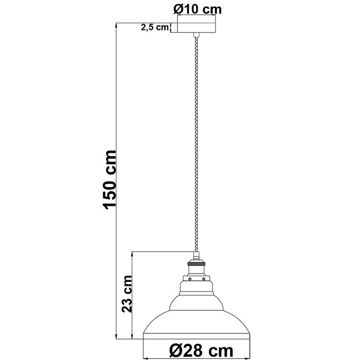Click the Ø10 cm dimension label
[x=196, y=8]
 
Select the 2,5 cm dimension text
[x=155, y=28]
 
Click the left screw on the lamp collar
[x=188, y=280]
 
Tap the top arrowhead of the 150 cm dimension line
[x=117, y=24]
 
